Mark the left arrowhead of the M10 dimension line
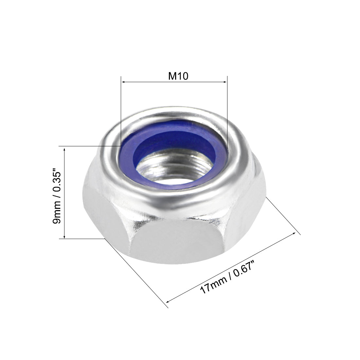(x=123, y=82)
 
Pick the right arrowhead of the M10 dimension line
(x=225, y=82)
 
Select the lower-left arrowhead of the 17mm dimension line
(x=169, y=301)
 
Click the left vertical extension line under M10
(x=121, y=111)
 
